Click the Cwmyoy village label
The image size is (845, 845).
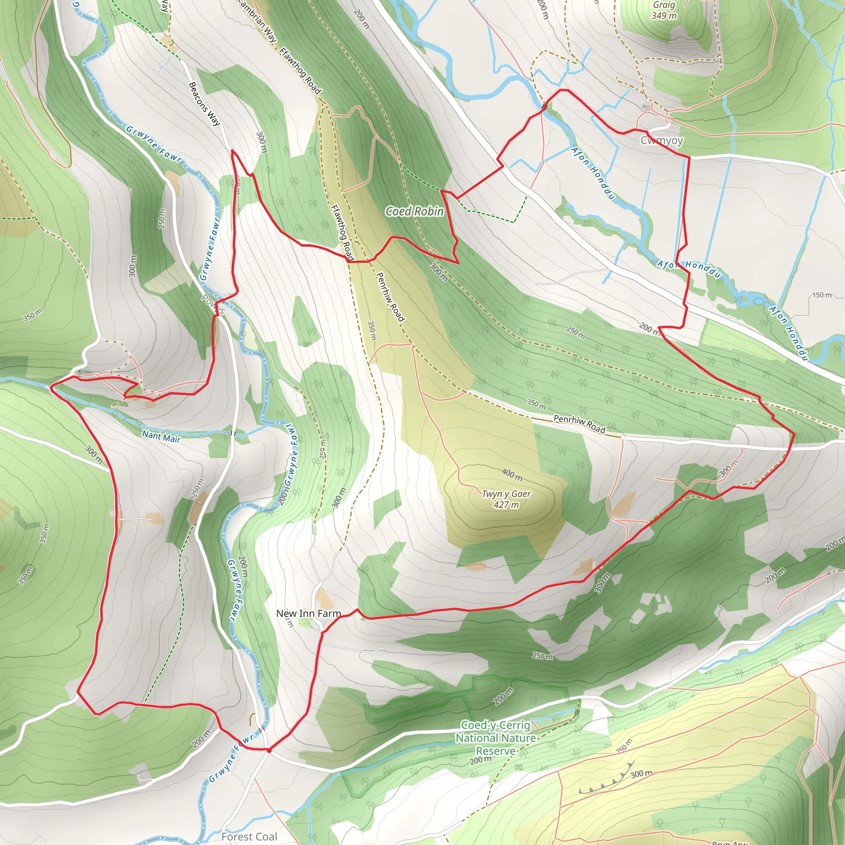661,140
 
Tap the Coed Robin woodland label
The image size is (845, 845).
414,211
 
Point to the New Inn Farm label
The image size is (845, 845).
308,614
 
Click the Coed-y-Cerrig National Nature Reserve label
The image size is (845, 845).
496,738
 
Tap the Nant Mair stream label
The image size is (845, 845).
161,436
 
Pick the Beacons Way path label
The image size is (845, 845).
204,104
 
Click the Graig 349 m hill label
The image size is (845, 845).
663,10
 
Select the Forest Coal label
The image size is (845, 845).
249,836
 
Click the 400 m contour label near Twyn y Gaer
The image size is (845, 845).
512,474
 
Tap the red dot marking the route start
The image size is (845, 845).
269,750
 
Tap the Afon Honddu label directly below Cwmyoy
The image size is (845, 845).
592,173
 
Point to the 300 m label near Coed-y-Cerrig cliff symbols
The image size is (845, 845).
641,774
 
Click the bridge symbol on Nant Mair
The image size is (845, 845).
233,434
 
